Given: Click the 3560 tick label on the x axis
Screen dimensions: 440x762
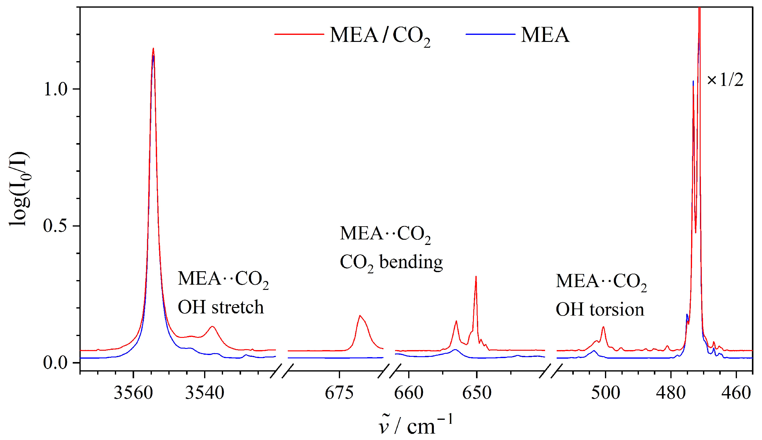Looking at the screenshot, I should pos(133,393).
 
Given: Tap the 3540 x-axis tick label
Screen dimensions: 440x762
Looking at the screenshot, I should pos(204,393).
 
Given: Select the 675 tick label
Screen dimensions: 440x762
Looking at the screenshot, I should pos(339,393).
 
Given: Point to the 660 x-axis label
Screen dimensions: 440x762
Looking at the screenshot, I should pos(408,393).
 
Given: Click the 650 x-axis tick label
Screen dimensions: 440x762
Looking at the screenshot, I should pos(477,393).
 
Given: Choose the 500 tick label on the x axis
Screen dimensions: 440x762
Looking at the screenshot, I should pos(605,393).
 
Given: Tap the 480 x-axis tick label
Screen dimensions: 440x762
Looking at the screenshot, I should pos(671,393).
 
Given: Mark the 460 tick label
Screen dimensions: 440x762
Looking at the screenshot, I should pos(736,393).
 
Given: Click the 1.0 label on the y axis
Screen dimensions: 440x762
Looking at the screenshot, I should pos(55,89).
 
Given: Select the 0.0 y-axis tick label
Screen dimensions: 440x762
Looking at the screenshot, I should pos(55,363).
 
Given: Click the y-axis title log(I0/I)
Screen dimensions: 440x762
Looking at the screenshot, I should pos(19,189).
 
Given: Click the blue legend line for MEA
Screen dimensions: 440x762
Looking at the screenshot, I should pos(490,34).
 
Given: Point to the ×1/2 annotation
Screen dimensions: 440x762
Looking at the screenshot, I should pos(725,80).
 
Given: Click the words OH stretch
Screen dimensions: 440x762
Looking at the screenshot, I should pos(221,307).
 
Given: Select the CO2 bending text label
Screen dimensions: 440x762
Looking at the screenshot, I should pos(391,263).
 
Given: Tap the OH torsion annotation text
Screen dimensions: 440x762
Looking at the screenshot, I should pos(600,309).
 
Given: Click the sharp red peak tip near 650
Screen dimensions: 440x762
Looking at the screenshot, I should pos(476,277).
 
